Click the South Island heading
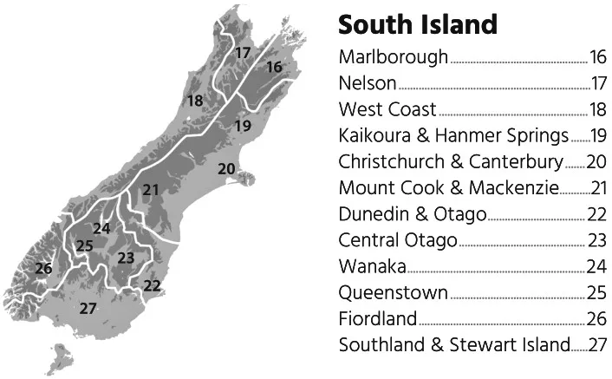[418, 23]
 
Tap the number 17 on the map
[243, 53]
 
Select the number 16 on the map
[274, 67]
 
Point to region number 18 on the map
[195, 101]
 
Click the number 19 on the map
[243, 126]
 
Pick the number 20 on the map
[226, 168]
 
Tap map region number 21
[152, 190]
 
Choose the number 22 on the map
[153, 284]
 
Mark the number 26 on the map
[43, 268]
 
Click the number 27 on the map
[88, 307]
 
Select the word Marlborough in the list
[394, 58]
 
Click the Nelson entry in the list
[368, 84]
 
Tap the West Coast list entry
[387, 110]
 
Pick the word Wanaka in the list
[372, 266]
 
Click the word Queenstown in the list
[394, 292]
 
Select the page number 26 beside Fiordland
[597, 318]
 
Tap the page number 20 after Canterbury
[597, 162]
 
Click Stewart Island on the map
[62, 356]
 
